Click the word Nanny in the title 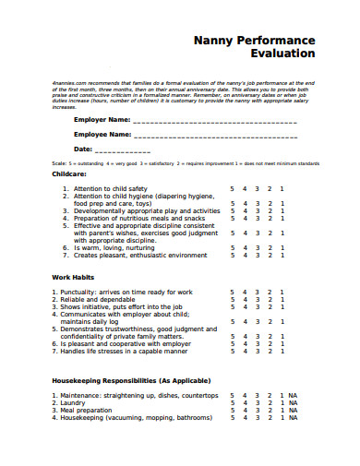(x=212, y=41)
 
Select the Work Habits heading (x=75, y=276)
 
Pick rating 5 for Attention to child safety (x=233, y=188)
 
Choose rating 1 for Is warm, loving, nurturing (x=282, y=247)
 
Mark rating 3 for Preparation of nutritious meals (x=257, y=218)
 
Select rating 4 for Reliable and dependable (x=245, y=299)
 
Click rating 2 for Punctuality (x=270, y=292)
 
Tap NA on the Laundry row (x=293, y=402)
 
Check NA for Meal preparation (x=293, y=410)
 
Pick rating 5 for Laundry (x=233, y=402)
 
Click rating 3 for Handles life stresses (x=257, y=351)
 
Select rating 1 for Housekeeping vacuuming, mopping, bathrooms (x=282, y=417)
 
